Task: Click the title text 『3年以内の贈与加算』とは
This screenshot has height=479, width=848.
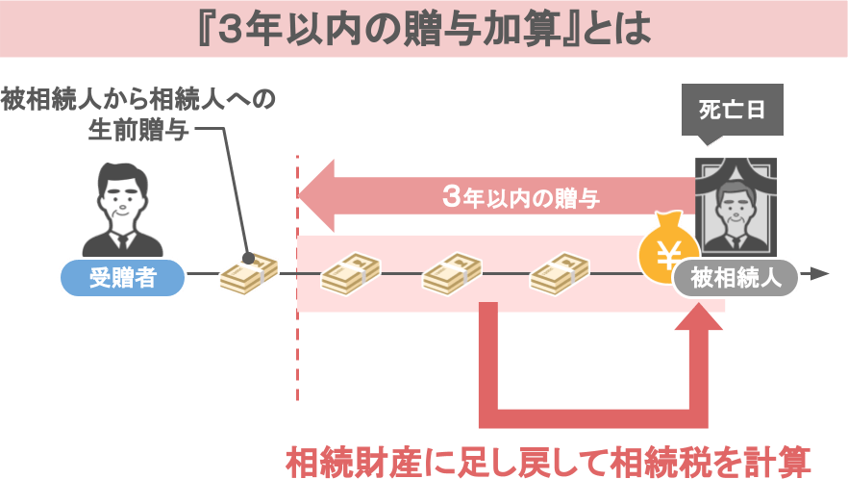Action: [425, 29]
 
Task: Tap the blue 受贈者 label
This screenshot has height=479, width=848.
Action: [123, 278]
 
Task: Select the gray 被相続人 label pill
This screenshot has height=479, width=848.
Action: [736, 278]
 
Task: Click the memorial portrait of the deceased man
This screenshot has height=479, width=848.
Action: [736, 207]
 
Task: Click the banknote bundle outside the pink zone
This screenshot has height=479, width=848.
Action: [249, 274]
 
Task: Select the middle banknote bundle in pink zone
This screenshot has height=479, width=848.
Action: [452, 274]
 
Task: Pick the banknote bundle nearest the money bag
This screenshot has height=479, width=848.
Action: [560, 274]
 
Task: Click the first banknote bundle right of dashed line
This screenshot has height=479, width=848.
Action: [350, 274]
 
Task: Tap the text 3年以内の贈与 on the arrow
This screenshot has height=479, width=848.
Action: [521, 197]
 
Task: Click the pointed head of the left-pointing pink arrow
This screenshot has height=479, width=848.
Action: [299, 195]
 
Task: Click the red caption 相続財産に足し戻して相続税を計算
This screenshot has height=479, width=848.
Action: [548, 462]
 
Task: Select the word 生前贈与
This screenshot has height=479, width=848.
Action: [138, 129]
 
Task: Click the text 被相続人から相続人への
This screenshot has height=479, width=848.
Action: [138, 99]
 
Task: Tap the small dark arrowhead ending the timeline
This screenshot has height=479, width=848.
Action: [820, 274]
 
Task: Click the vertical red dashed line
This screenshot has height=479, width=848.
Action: [297, 278]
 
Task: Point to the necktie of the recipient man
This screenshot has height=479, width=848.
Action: [123, 242]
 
